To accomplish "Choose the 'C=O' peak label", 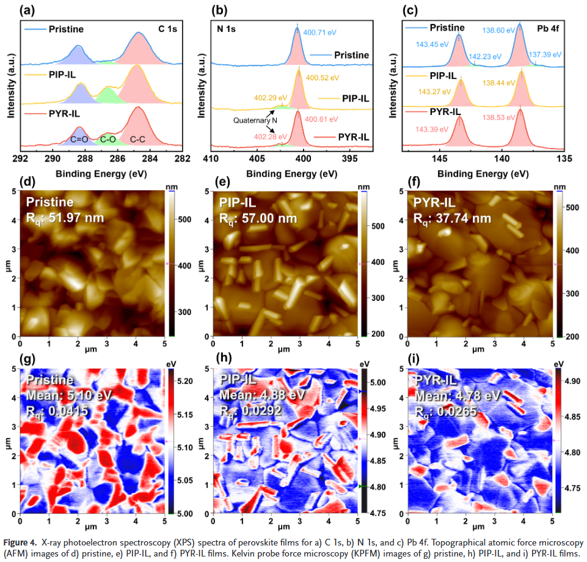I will click(x=79, y=139).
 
